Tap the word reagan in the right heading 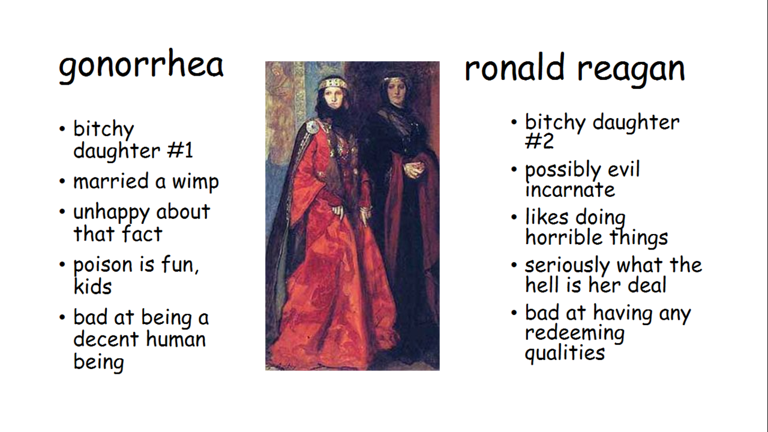pyautogui.click(x=631, y=71)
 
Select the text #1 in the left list pyautogui.click(x=181, y=150)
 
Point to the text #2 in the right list pyautogui.click(x=539, y=140)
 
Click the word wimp pyautogui.click(x=196, y=182)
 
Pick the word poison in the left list pyautogui.click(x=103, y=265)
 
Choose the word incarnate pyautogui.click(x=570, y=190)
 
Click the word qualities pyautogui.click(x=565, y=353)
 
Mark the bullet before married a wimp pyautogui.click(x=62, y=181)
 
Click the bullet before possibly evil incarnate pyautogui.click(x=514, y=169)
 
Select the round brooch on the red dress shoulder pyautogui.click(x=313, y=127)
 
